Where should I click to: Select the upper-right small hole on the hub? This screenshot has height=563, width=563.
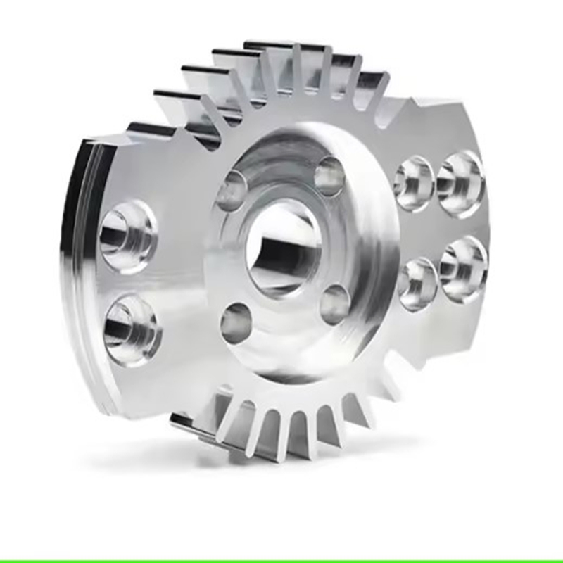point(329,176)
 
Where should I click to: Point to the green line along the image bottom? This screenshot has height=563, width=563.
point(281,560)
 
